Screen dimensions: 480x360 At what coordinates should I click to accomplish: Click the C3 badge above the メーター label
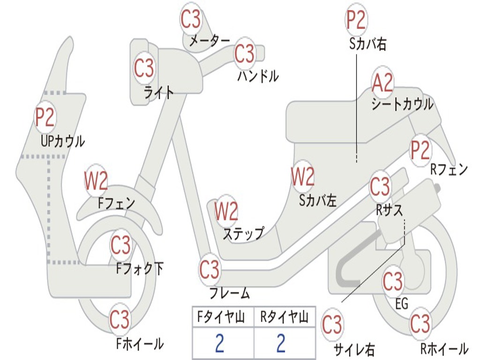pyautogui.click(x=191, y=19)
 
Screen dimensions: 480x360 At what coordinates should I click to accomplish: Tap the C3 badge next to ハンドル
pyautogui.click(x=244, y=54)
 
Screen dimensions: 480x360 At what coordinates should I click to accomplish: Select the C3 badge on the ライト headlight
pyautogui.click(x=144, y=68)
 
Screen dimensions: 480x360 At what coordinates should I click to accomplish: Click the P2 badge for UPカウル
pyautogui.click(x=45, y=117)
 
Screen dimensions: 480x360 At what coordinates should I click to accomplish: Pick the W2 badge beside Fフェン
pyautogui.click(x=96, y=180)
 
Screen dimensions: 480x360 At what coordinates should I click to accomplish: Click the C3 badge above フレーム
pyautogui.click(x=209, y=270)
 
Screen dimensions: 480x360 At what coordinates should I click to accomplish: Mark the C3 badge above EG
pyautogui.click(x=393, y=281)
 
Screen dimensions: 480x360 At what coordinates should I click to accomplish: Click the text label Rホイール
pyautogui.click(x=443, y=349)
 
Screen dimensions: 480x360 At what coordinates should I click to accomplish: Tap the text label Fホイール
pyautogui.click(x=140, y=344)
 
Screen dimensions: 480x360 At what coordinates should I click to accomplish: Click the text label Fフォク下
pyautogui.click(x=140, y=269)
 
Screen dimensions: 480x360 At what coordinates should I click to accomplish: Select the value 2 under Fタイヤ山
pyautogui.click(x=219, y=343)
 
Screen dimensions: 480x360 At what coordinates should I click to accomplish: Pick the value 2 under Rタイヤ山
pyautogui.click(x=281, y=343)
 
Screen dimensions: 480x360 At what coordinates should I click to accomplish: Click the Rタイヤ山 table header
pyautogui.click(x=284, y=318)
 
